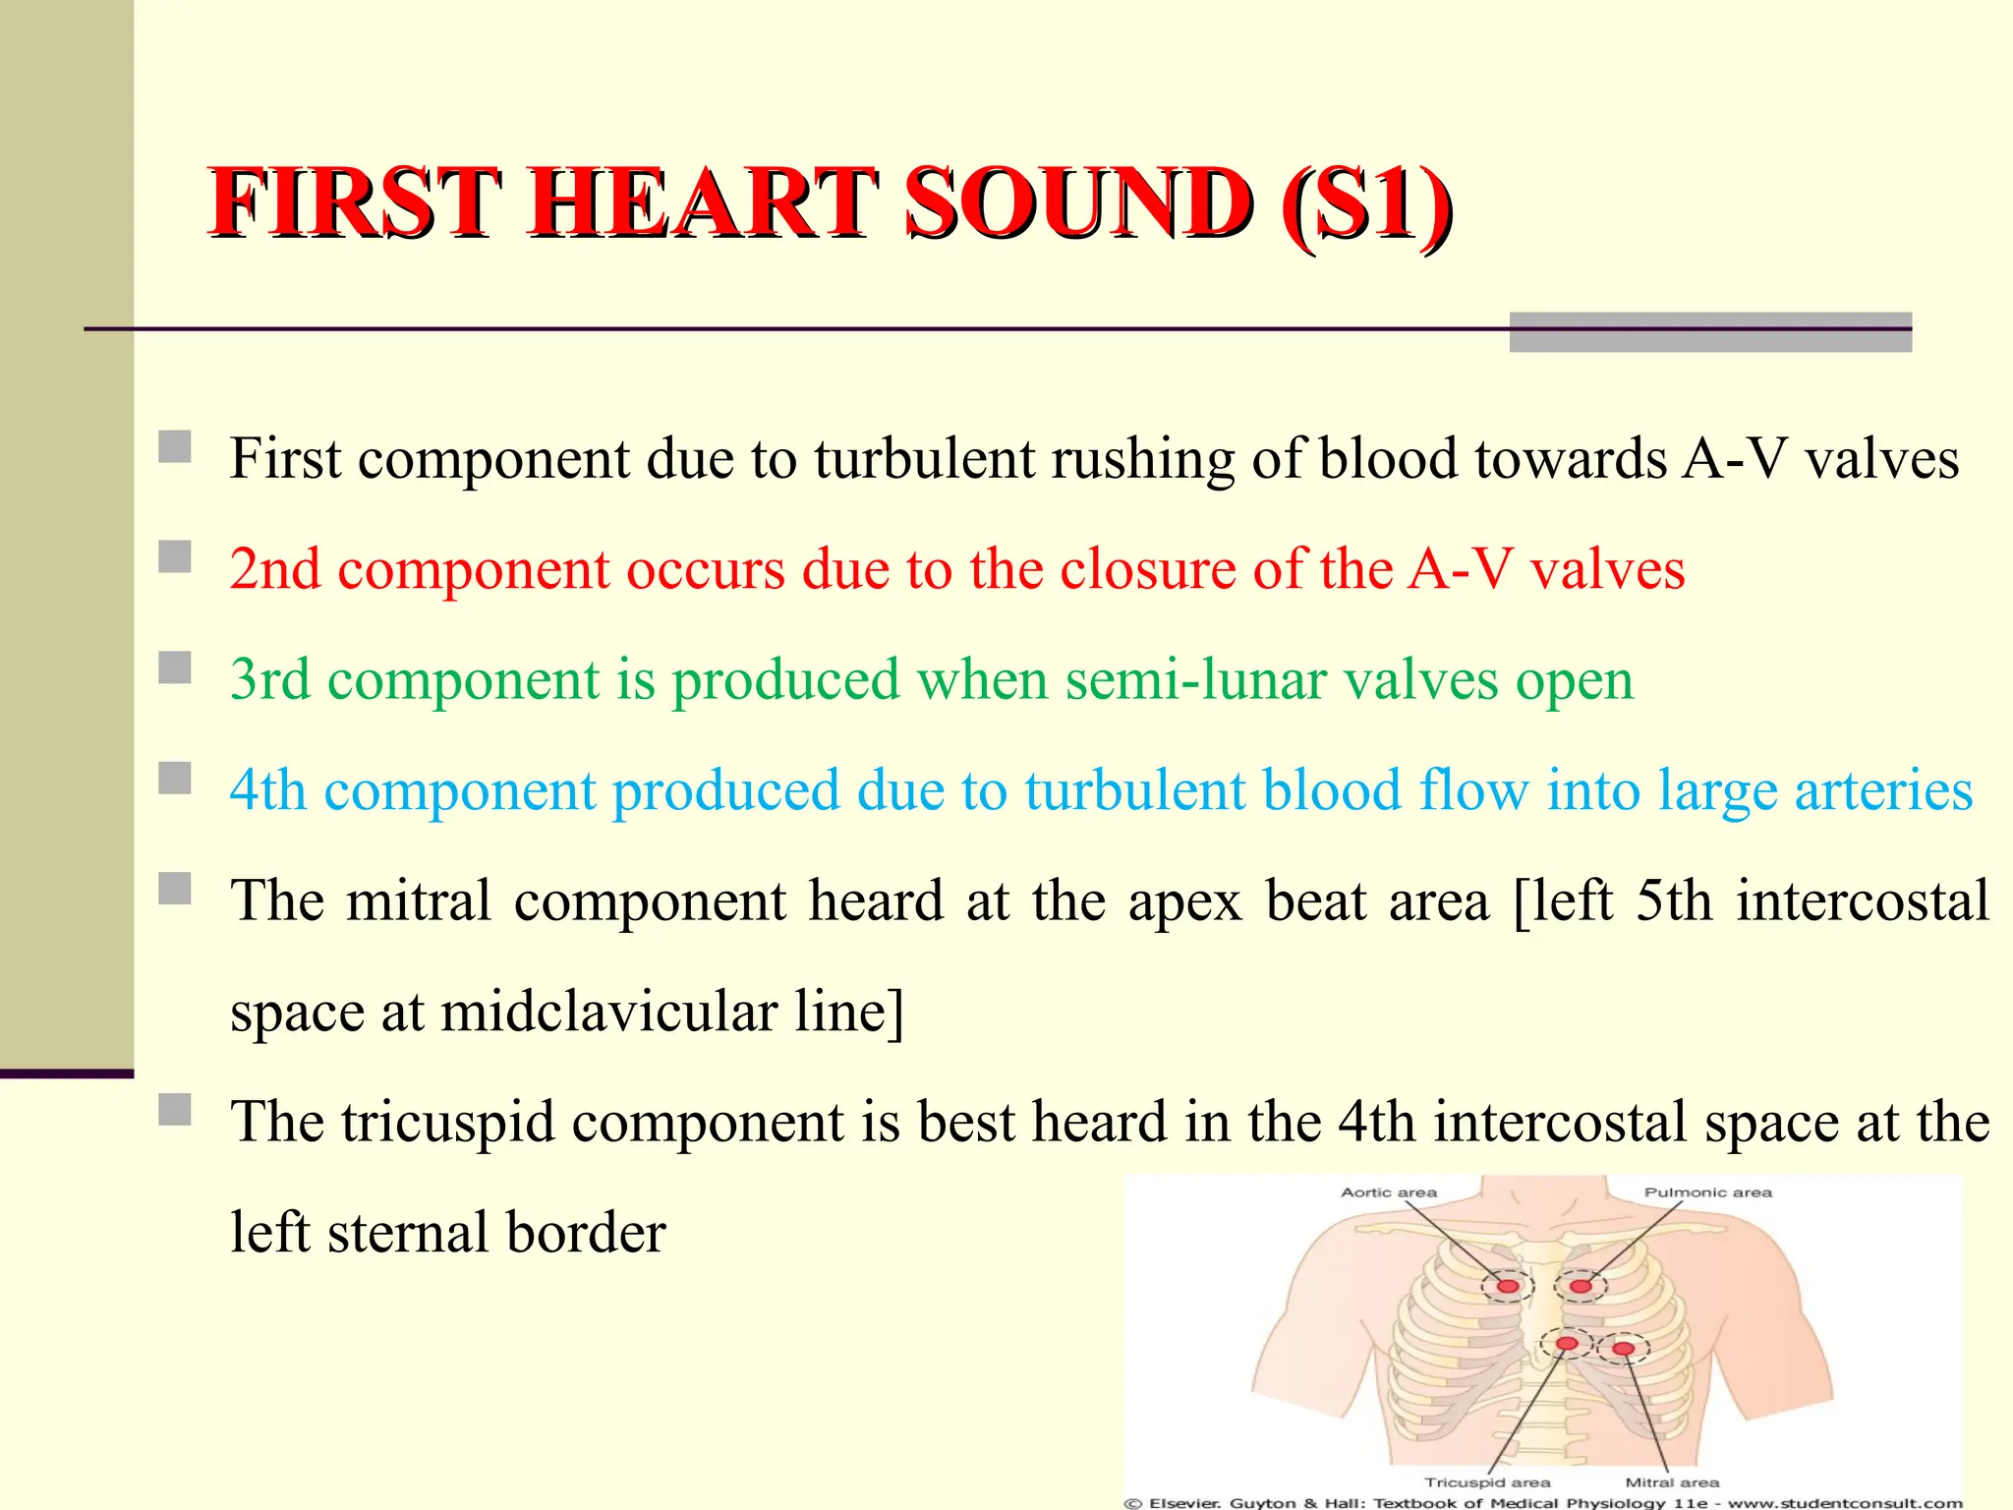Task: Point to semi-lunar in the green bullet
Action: click(1195, 680)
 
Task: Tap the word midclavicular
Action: click(608, 1012)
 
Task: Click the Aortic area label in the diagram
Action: click(1388, 1192)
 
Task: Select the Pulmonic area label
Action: click(1707, 1192)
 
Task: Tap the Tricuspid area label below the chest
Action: click(1487, 1481)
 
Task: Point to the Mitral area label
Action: click(1672, 1481)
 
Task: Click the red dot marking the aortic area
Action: click(1507, 1286)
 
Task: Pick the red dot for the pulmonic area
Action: click(1581, 1286)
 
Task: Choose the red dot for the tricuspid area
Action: click(1567, 1343)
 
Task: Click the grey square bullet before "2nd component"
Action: click(175, 557)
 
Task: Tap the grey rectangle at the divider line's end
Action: click(1709, 332)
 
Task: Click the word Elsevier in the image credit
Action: click(1184, 1502)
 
